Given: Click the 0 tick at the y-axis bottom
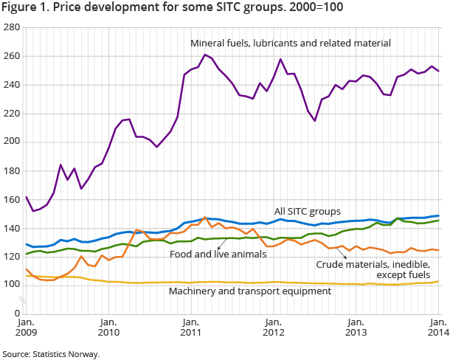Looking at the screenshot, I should [x=15, y=314].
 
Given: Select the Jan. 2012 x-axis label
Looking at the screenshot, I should [x=274, y=328].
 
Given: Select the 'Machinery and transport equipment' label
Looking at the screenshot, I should [x=250, y=291].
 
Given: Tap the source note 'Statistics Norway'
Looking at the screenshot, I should [x=67, y=354].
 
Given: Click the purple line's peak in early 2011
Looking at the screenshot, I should [x=204, y=55].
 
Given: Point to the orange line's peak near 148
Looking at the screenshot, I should [x=204, y=218].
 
